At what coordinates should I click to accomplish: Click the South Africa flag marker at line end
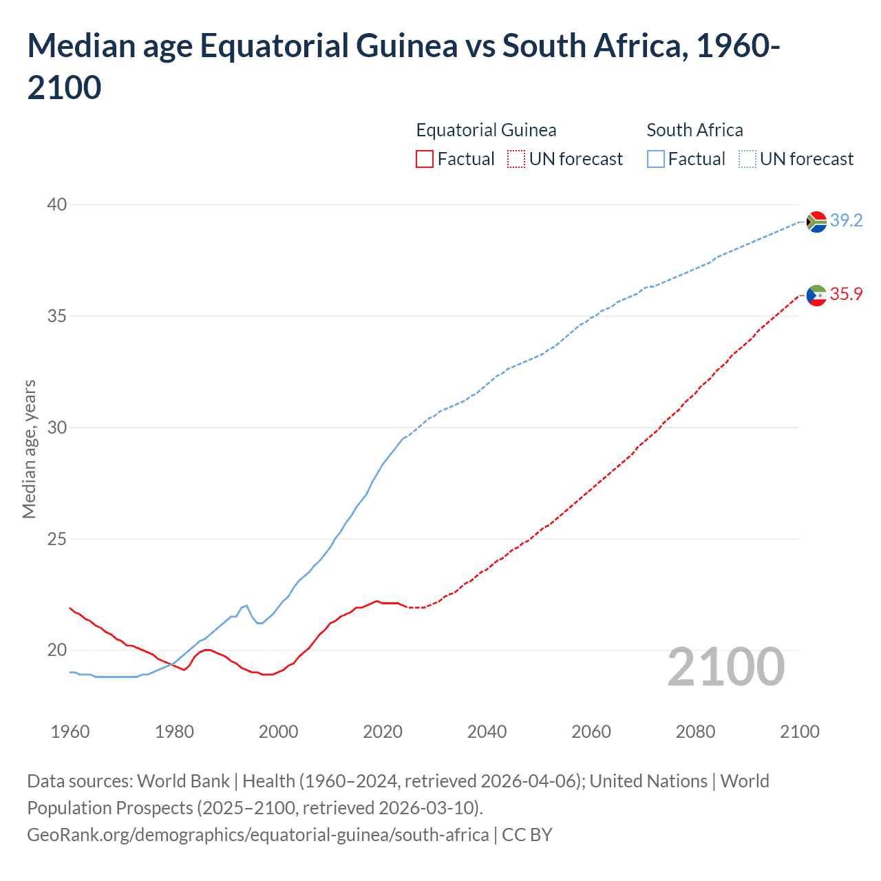click(816, 222)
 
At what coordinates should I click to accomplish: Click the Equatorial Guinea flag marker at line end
click(816, 295)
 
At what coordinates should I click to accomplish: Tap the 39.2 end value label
click(846, 220)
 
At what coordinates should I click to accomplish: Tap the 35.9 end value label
click(846, 294)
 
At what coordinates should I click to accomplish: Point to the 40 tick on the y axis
click(57, 204)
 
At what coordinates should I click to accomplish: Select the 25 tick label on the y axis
click(57, 539)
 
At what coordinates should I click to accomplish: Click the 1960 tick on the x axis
click(70, 732)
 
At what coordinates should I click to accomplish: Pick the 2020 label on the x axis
click(383, 732)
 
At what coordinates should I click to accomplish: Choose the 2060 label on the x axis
click(591, 732)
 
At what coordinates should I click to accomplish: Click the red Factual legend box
click(425, 159)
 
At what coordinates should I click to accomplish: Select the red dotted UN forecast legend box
click(516, 159)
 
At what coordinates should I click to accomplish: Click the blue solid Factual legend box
click(656, 159)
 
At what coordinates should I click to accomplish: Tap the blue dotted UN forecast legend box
click(747, 159)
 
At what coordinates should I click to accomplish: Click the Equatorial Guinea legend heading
click(486, 130)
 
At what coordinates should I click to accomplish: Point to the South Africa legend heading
click(694, 130)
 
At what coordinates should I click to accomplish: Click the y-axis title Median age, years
click(29, 449)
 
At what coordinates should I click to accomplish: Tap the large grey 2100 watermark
click(725, 667)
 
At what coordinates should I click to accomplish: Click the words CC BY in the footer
click(527, 835)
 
